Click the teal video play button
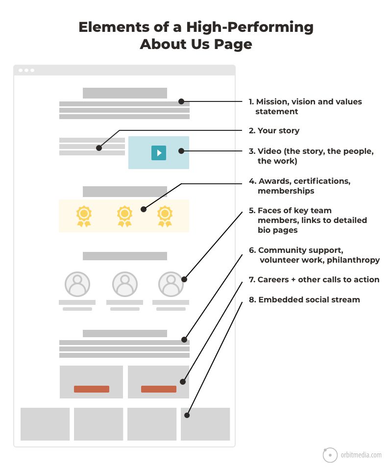(x=159, y=152)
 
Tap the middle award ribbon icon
(x=124, y=216)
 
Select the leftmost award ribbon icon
(x=84, y=216)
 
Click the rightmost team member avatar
(x=171, y=284)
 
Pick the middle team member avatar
(x=125, y=284)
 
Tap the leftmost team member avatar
(x=77, y=284)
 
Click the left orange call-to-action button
(x=92, y=389)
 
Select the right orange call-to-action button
(x=159, y=389)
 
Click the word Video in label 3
(x=269, y=151)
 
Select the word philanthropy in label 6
(x=353, y=260)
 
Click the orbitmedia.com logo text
(x=361, y=455)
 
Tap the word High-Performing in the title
(x=249, y=27)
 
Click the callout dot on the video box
(x=181, y=151)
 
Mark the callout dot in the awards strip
(x=144, y=209)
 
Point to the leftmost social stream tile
(x=45, y=424)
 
